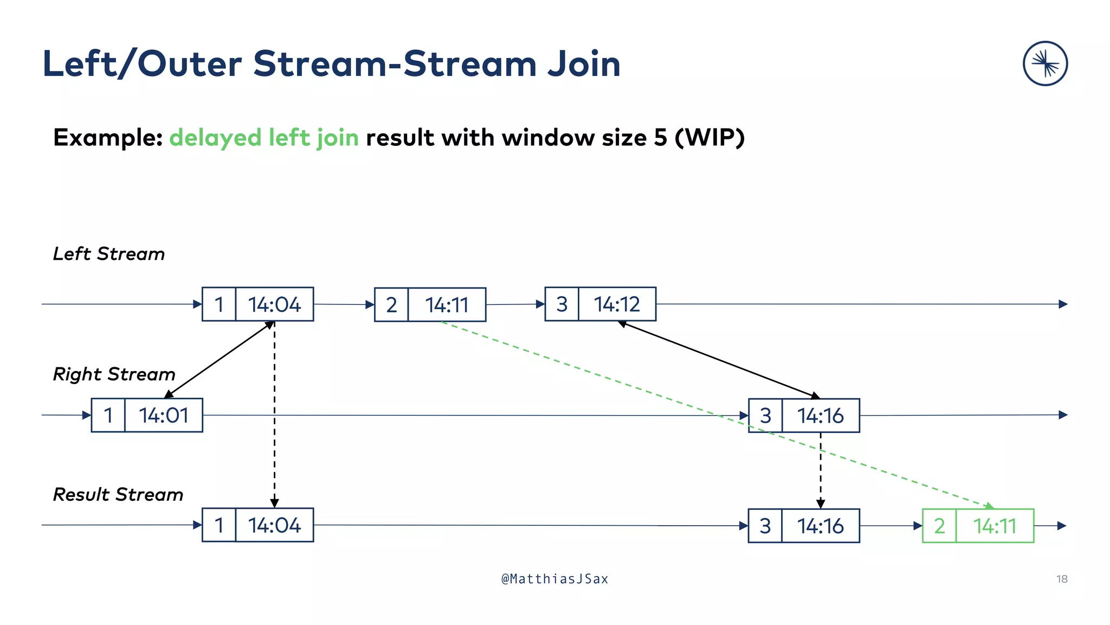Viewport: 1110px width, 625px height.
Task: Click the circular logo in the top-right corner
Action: (1045, 63)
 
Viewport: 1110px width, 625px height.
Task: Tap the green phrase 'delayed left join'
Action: (264, 138)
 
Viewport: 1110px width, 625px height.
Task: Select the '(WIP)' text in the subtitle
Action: (709, 138)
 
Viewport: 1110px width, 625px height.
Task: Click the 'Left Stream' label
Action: (108, 254)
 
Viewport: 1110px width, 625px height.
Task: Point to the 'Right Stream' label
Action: (114, 374)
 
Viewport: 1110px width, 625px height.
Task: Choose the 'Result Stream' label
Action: (118, 495)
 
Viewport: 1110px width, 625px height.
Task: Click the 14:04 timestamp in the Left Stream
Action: (274, 304)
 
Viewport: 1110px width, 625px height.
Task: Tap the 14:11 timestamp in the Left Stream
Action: (447, 305)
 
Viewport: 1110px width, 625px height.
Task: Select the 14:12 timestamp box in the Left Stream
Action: (617, 304)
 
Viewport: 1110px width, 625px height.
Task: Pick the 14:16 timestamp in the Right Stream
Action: (820, 416)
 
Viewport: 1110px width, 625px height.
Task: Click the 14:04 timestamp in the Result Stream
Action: (274, 525)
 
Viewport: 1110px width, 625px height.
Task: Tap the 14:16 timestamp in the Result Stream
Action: (820, 526)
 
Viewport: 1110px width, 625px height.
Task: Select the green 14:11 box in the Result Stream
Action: (995, 526)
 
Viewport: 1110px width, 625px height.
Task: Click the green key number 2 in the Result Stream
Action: (939, 526)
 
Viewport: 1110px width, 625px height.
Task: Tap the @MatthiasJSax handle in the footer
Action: (554, 579)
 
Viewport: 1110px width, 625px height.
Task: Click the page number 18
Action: (1062, 579)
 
